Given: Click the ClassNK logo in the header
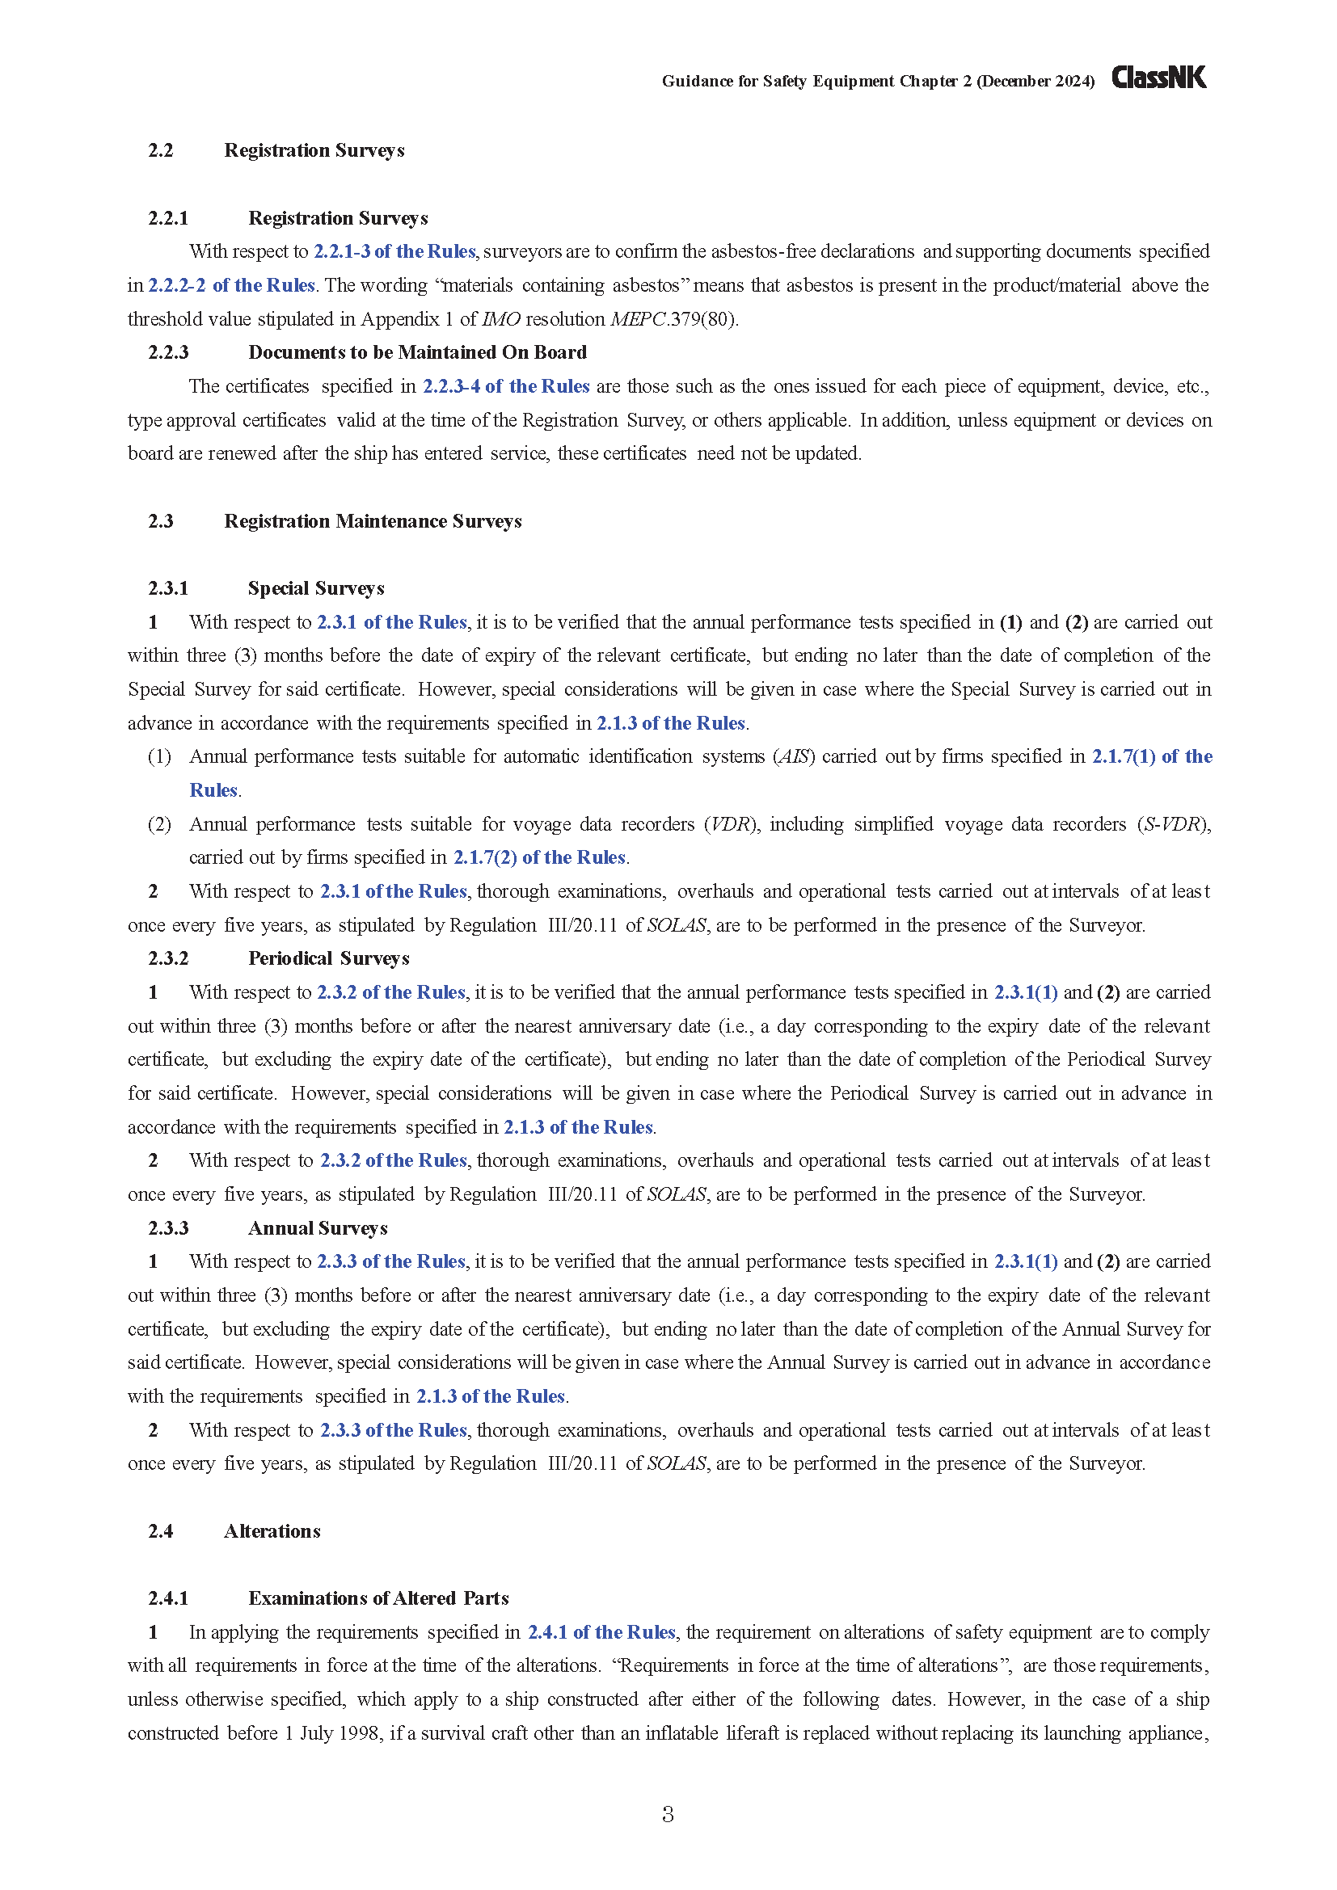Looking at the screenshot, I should [x=1158, y=78].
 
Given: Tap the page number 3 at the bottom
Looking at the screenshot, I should [x=668, y=1813].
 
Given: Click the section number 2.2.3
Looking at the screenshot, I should [x=168, y=352].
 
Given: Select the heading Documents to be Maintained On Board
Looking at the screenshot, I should [x=417, y=352].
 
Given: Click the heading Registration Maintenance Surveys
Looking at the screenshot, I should [x=373, y=521].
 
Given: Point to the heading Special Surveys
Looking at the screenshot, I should [x=316, y=588].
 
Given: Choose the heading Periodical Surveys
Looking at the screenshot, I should [x=328, y=958].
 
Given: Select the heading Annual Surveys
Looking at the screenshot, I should [x=318, y=1228].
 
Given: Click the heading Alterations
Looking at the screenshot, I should [x=272, y=1531].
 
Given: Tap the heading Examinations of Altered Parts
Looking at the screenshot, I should [x=378, y=1597].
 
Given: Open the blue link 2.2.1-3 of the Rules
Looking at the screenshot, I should [x=394, y=251].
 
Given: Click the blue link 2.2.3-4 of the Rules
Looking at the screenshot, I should [x=505, y=386].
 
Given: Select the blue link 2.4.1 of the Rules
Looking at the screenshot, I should [x=601, y=1631].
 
